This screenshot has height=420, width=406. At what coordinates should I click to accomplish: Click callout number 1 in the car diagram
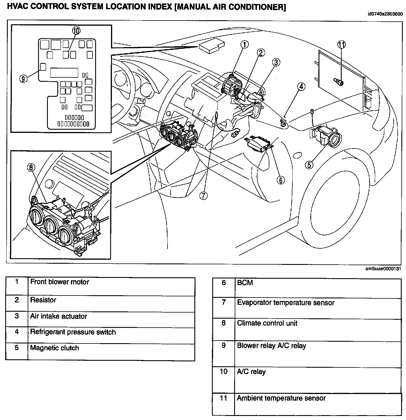click(244, 44)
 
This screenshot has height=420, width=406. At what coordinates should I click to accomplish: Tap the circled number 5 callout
click(309, 165)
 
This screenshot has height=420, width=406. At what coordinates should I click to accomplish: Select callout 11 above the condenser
click(341, 45)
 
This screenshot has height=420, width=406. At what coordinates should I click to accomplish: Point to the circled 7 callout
click(203, 196)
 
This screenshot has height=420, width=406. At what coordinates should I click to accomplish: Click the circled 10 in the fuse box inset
click(76, 31)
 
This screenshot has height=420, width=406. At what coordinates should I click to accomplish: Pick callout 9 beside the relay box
click(23, 79)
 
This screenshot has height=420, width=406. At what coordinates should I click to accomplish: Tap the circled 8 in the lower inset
click(31, 167)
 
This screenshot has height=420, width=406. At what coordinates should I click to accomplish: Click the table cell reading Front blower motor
click(59, 282)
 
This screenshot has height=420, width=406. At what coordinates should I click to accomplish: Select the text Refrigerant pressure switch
click(73, 332)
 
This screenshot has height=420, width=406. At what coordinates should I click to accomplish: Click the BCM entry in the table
click(245, 283)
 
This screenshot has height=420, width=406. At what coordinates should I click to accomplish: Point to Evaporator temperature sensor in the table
click(285, 303)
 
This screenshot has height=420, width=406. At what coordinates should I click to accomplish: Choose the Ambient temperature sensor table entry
click(281, 398)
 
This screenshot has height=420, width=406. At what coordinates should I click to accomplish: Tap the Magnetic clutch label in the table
click(54, 348)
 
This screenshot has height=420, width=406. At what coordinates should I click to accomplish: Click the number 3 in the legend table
click(17, 316)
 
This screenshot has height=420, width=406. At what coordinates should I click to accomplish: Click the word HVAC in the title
click(18, 6)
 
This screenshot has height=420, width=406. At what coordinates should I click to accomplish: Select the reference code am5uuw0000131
click(383, 269)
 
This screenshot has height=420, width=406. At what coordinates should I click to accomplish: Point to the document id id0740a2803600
click(385, 14)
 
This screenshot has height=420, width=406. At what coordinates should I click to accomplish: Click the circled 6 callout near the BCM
click(281, 180)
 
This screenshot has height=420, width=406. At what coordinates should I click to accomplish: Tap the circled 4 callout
click(301, 87)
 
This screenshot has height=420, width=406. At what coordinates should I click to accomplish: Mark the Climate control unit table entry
click(267, 323)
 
